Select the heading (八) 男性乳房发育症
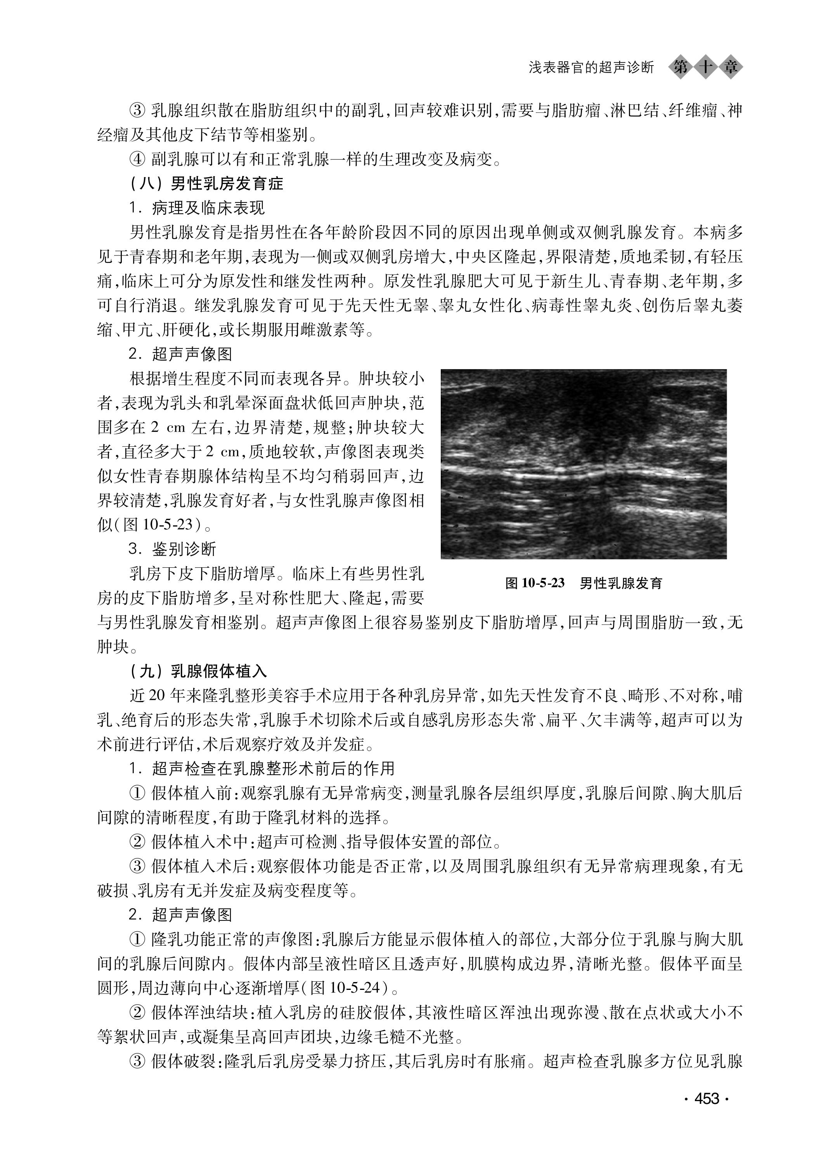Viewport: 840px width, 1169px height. coord(206,184)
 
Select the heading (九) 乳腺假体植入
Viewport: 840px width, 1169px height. coord(199,672)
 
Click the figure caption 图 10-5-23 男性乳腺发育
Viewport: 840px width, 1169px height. coord(583,584)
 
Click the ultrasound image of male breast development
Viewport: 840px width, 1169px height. coord(583,464)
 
